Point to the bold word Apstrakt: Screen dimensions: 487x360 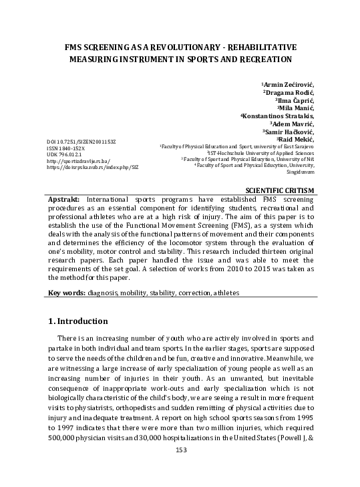65,200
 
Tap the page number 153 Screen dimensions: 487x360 180,469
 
